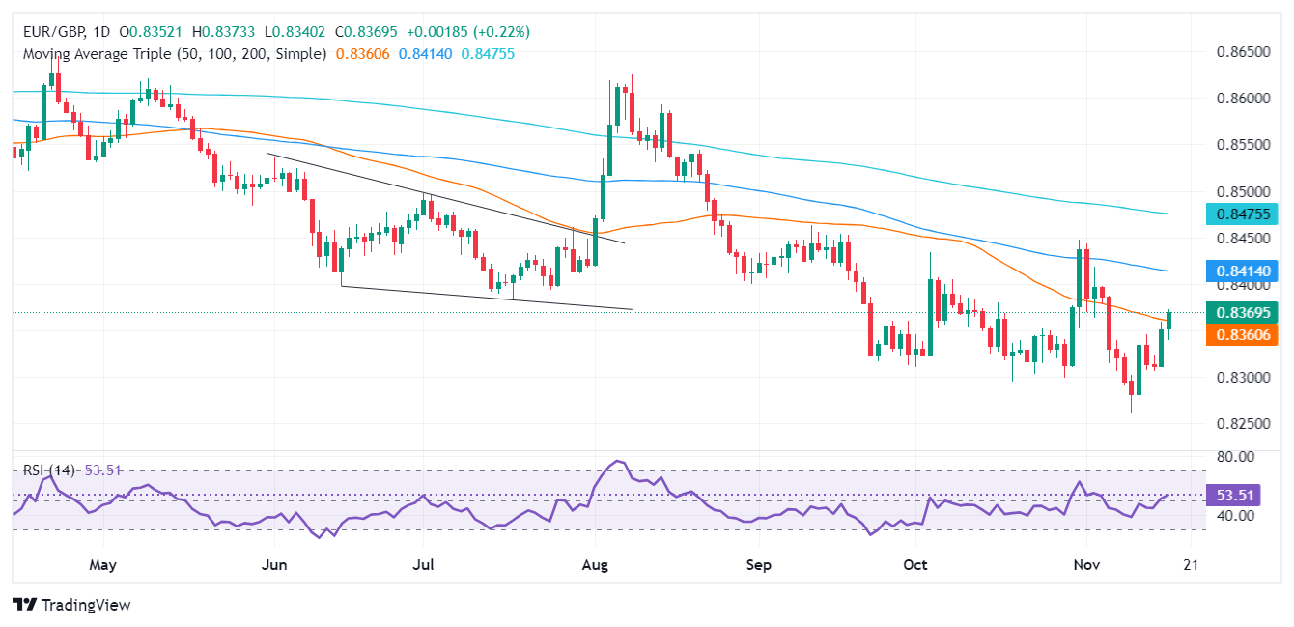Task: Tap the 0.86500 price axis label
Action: click(1242, 51)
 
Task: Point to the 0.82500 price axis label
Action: click(1242, 424)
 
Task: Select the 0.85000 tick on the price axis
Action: click(1242, 191)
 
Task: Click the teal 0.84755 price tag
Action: click(1242, 214)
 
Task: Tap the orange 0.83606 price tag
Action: click(1242, 335)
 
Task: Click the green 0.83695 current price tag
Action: click(1242, 312)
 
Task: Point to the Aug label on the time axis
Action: click(596, 563)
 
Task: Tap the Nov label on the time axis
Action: click(1086, 563)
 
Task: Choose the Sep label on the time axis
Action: click(759, 563)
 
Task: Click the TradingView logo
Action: click(72, 605)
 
